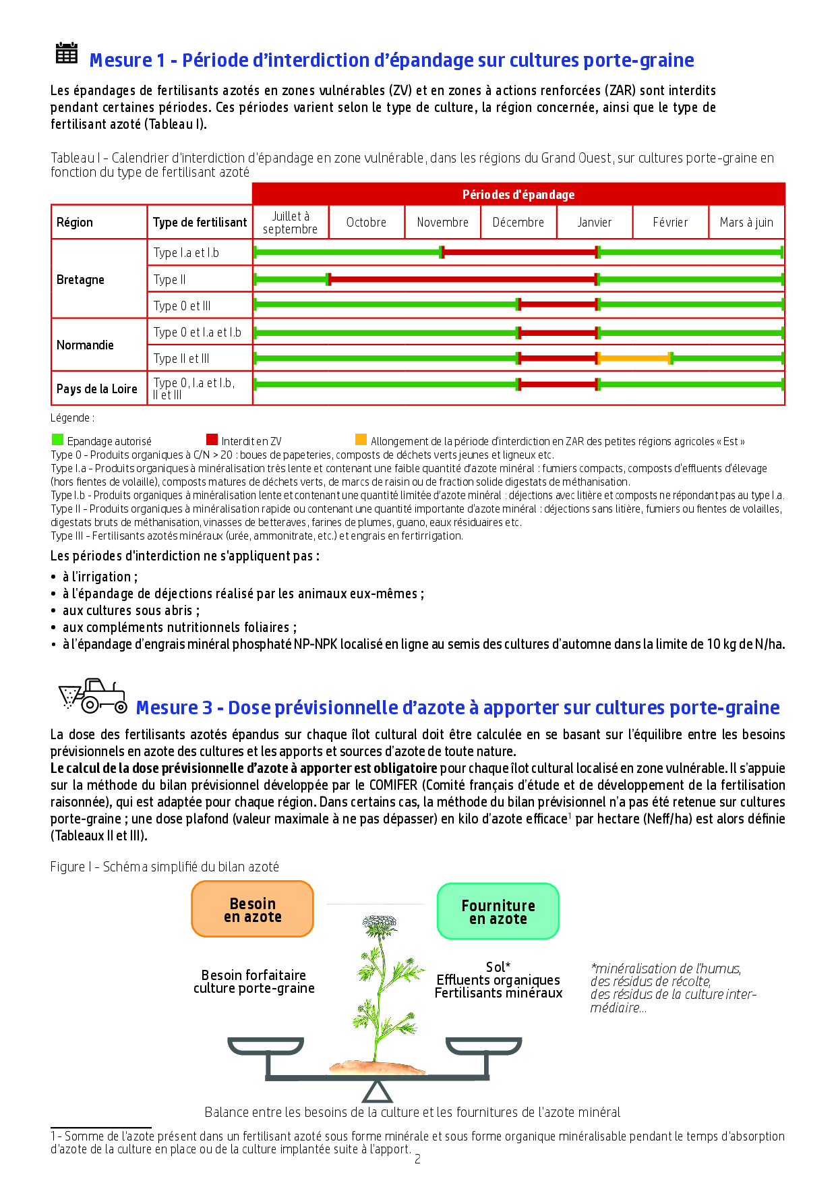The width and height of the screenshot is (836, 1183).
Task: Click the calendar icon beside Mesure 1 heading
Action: (x=66, y=53)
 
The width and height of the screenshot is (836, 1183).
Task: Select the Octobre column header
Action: (x=366, y=223)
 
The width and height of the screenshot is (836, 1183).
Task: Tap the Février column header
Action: (x=670, y=223)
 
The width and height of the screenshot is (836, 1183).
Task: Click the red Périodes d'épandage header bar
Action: (x=518, y=194)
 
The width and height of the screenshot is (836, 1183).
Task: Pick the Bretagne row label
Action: (x=80, y=279)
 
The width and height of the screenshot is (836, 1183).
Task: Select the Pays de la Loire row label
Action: (x=97, y=388)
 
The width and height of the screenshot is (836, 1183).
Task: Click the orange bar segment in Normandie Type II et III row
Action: (x=634, y=358)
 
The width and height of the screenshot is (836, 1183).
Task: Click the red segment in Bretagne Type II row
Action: (x=462, y=279)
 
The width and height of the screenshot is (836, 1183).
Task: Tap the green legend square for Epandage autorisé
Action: (x=58, y=440)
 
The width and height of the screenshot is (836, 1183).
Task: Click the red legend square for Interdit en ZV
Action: (x=212, y=440)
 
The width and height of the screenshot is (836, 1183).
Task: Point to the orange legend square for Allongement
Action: (x=361, y=440)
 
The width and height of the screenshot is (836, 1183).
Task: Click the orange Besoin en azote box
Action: (x=253, y=909)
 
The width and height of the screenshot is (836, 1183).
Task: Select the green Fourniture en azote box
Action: (x=498, y=911)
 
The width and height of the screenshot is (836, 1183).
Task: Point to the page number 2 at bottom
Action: (x=417, y=1159)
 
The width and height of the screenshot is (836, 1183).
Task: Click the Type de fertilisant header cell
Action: (x=200, y=223)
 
